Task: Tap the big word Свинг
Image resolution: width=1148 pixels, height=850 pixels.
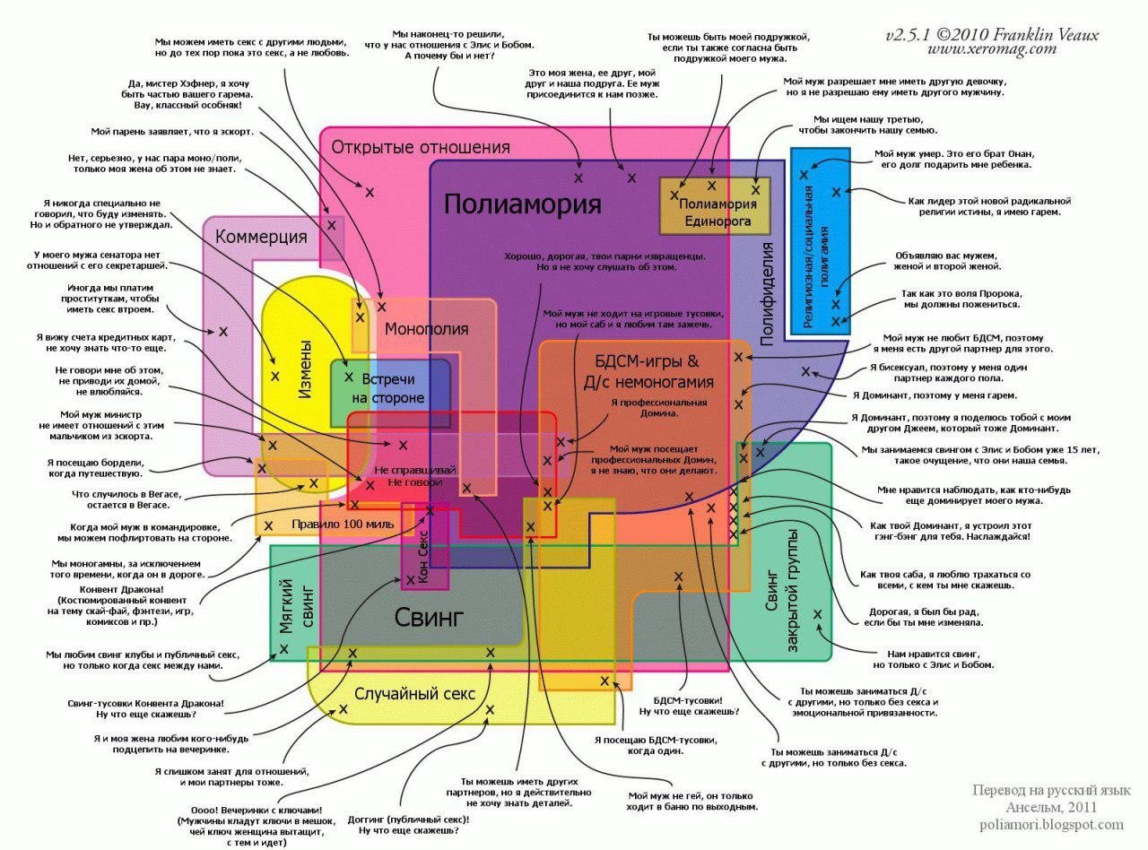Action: tap(430, 617)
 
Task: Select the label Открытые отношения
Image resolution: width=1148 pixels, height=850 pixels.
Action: tap(421, 147)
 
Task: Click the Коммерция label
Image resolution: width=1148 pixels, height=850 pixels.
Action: tap(261, 238)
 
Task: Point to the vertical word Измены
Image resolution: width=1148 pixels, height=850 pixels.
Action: tap(305, 370)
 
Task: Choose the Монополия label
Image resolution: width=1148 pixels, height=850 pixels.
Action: tap(426, 329)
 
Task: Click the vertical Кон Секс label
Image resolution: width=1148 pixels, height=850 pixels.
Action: tap(423, 557)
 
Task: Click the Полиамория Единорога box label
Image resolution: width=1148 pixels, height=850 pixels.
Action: tap(717, 212)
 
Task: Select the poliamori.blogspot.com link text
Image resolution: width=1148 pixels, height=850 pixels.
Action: tap(1051, 825)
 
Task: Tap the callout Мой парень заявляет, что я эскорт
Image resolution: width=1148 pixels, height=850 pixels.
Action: tap(172, 132)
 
